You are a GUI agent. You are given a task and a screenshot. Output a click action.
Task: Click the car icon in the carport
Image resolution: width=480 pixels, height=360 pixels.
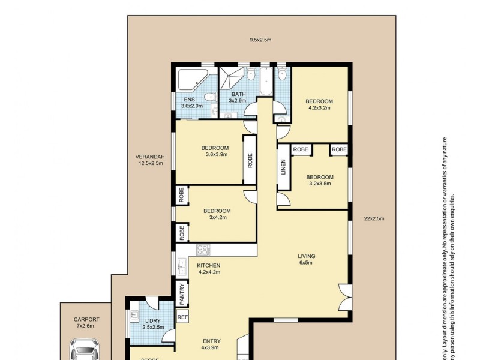coord(84,350)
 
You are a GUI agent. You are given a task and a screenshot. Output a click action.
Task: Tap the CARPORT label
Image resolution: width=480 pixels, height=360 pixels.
coord(87,320)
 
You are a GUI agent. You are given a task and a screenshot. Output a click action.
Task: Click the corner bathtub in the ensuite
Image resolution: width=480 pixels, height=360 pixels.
coord(191,80)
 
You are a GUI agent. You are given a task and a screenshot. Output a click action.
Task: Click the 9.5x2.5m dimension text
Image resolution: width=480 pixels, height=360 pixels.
coord(260,40)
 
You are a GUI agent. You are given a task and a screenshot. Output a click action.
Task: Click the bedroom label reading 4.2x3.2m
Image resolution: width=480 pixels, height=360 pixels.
coord(319,104)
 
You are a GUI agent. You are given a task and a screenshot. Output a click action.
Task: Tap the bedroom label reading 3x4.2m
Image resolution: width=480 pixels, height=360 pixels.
coord(216,214)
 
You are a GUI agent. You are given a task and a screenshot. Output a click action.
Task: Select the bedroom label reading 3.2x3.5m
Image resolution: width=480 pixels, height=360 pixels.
coord(319,181)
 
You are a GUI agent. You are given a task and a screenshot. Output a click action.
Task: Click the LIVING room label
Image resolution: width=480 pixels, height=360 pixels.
coord(307,260)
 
